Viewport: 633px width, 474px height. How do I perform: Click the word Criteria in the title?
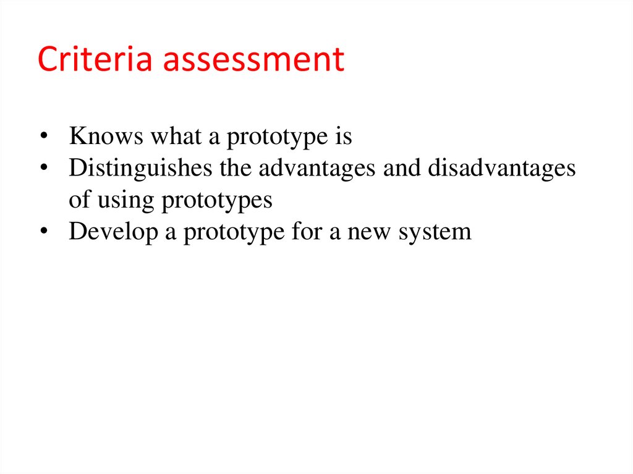click(86, 59)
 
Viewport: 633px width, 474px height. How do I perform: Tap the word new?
click(371, 233)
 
